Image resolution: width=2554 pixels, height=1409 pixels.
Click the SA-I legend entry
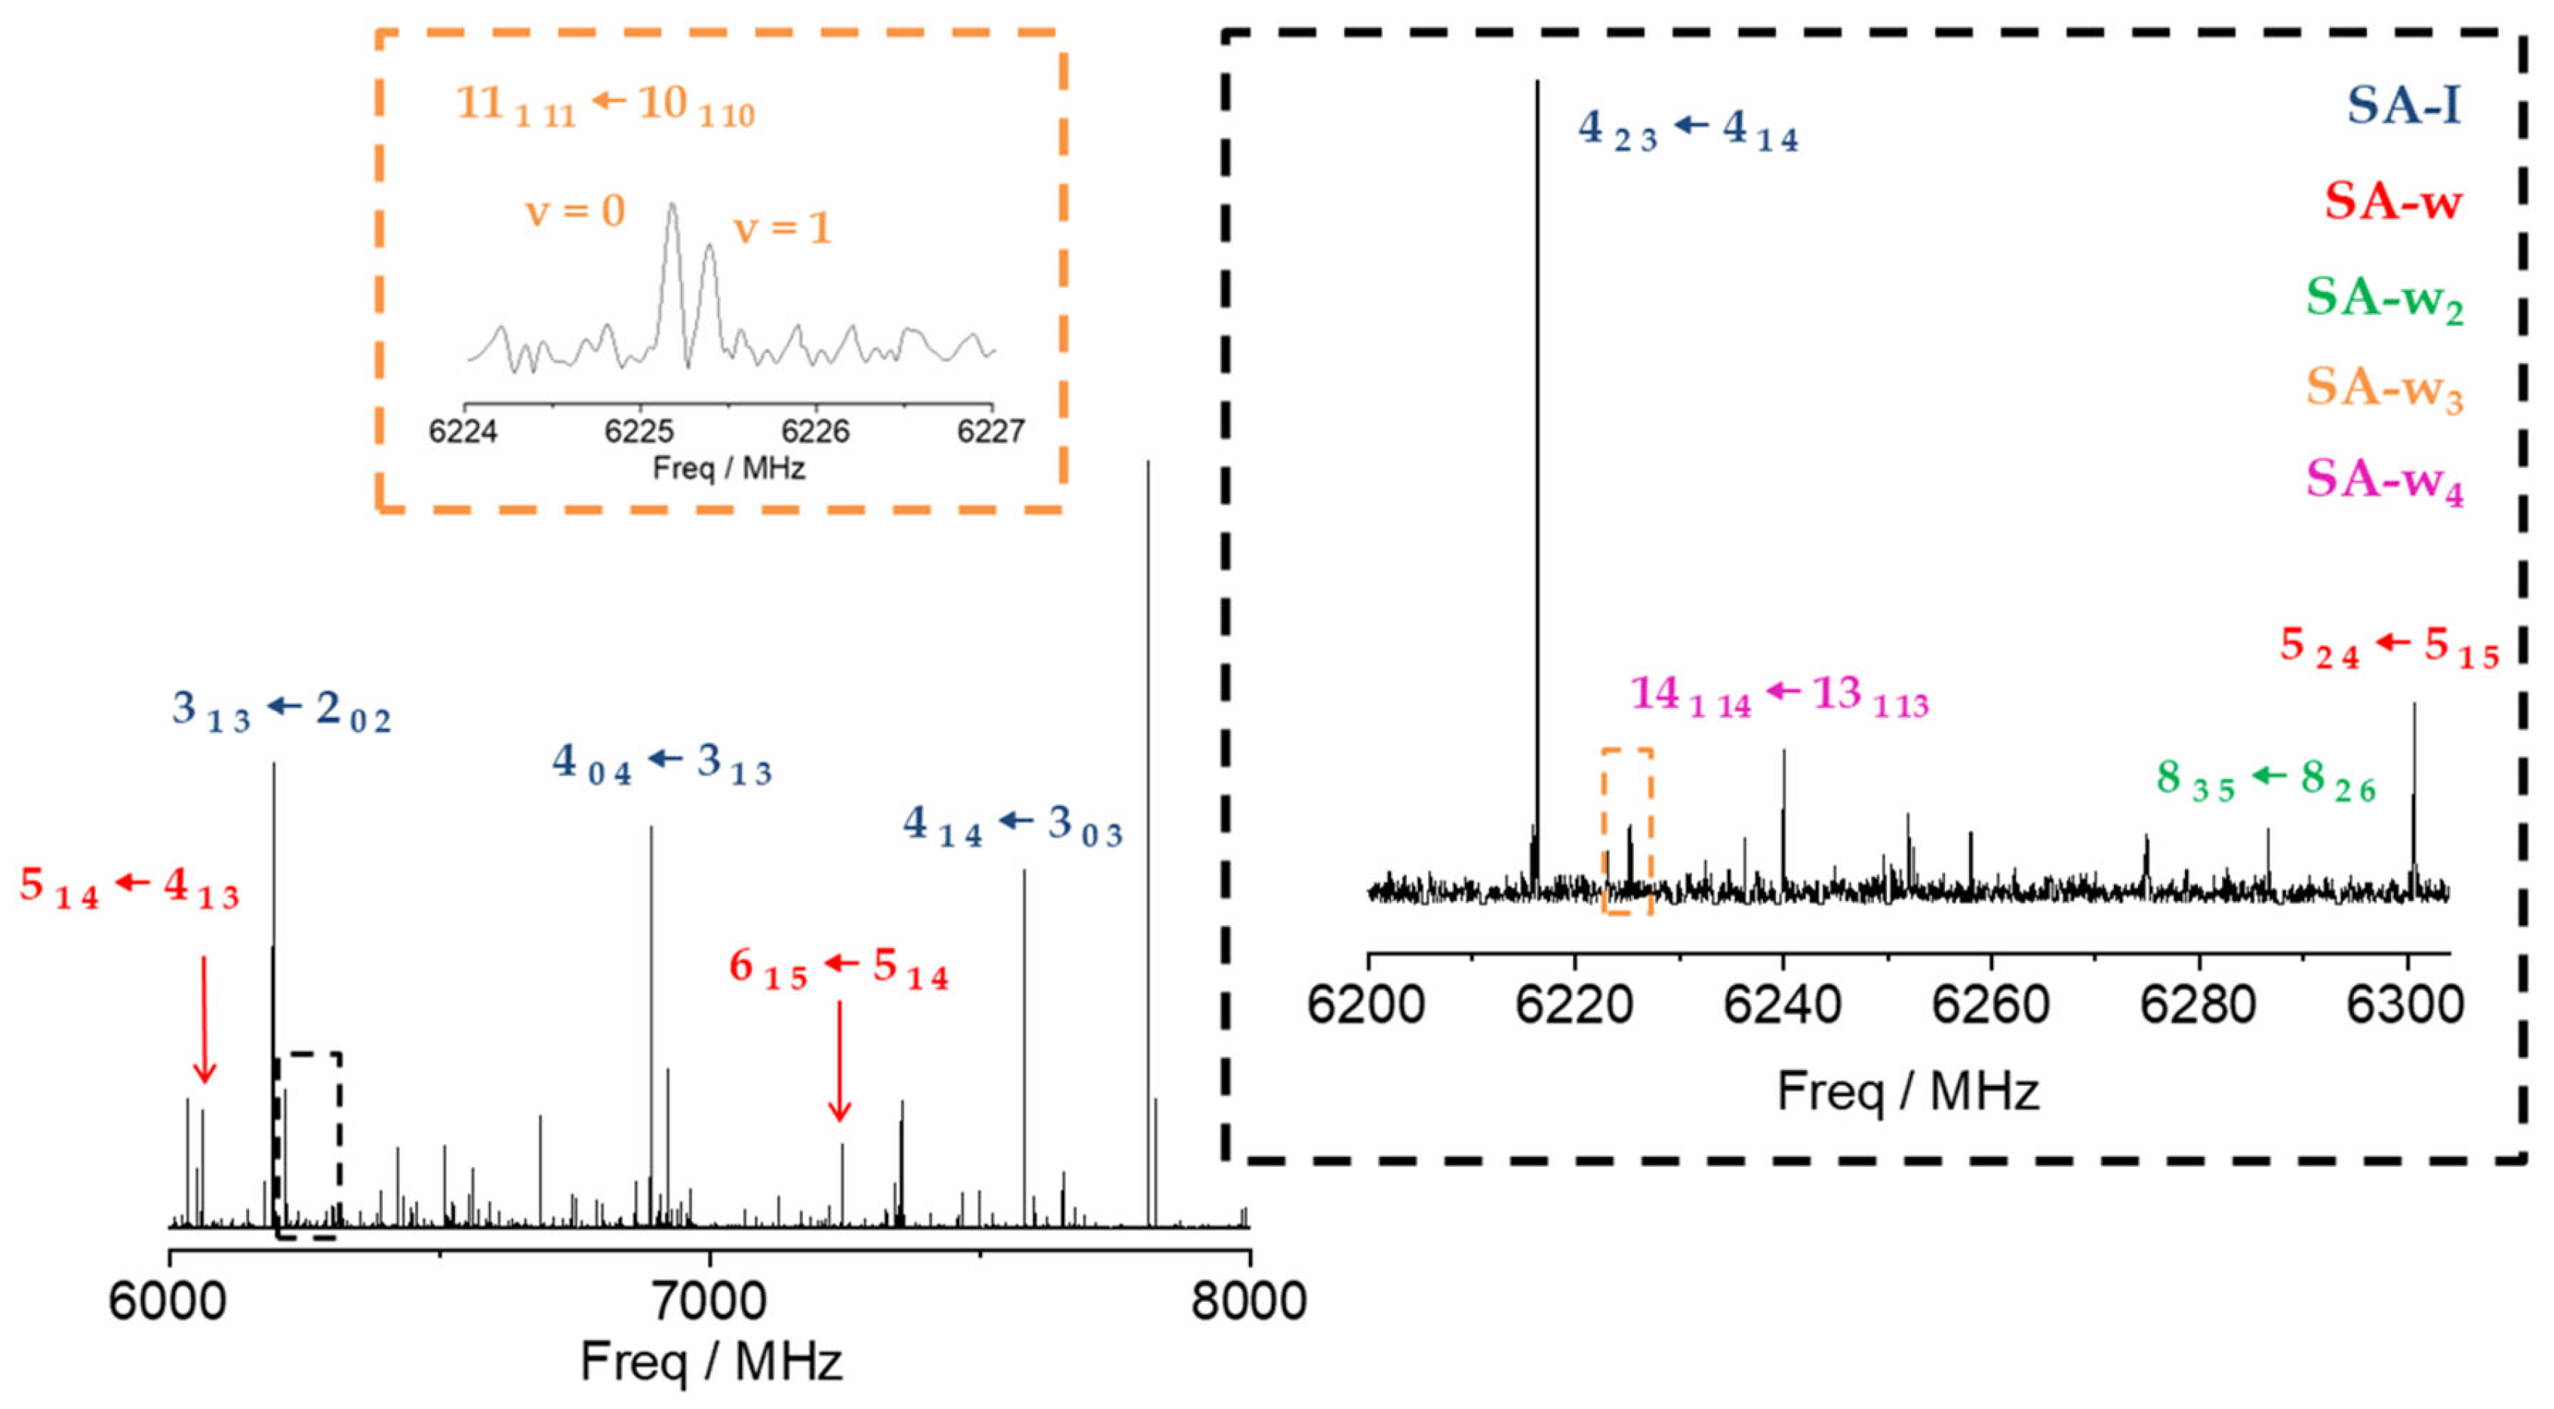tap(2402, 105)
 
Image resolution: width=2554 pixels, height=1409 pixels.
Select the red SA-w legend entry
tap(2392, 202)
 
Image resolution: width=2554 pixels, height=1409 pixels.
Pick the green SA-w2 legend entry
tap(2383, 297)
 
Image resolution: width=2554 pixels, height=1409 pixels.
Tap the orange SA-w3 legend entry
tap(2383, 388)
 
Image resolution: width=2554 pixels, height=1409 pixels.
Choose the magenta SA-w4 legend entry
tap(2383, 480)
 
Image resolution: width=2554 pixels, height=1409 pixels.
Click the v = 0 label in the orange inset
tap(575, 211)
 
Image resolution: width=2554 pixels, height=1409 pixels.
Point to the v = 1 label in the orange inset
tap(781, 229)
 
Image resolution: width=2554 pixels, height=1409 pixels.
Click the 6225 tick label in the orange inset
tap(639, 432)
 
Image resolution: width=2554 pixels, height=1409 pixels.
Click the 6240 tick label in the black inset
tap(1782, 1004)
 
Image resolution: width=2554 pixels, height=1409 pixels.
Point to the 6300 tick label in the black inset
tap(2405, 1004)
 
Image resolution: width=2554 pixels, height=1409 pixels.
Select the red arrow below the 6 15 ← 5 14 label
tap(840, 1061)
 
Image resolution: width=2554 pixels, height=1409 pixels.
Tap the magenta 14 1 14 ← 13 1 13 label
tap(1780, 695)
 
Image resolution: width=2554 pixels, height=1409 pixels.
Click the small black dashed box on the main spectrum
tap(309, 1146)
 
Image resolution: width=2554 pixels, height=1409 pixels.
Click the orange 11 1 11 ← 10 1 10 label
tap(605, 105)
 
